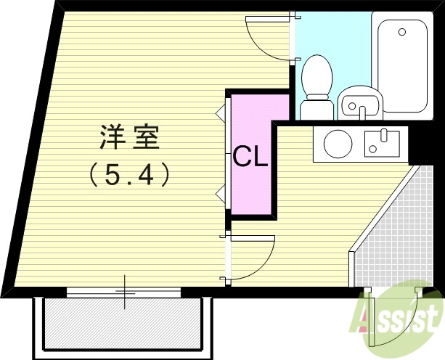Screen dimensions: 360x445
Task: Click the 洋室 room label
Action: point(130,136)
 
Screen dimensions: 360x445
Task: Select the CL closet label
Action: point(250,156)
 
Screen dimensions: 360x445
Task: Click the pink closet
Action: point(250,189)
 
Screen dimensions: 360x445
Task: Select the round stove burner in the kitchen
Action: point(338,144)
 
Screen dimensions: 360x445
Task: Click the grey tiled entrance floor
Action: point(392,232)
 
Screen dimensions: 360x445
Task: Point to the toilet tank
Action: point(317,108)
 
